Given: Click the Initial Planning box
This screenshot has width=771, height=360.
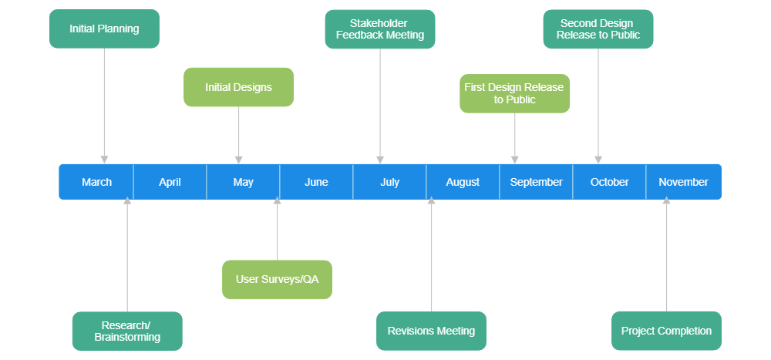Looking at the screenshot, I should (104, 29).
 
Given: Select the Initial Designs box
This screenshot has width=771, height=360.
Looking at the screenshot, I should (238, 87).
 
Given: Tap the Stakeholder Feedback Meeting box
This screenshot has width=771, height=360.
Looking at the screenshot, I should (379, 29).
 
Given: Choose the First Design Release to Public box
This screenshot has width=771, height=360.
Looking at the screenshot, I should (514, 93).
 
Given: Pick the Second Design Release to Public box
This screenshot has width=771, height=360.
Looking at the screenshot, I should (598, 29).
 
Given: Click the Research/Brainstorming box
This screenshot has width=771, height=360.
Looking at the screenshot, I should (127, 331).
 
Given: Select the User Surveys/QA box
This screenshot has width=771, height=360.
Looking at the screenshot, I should (277, 279).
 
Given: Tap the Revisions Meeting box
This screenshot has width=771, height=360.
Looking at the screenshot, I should (431, 331).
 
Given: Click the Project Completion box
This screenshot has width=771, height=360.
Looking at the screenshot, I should (666, 331).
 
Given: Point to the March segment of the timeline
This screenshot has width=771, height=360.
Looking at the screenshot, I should (96, 182).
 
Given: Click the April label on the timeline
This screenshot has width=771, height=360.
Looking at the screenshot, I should (170, 182).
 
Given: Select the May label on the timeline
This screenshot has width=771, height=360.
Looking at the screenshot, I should (243, 182).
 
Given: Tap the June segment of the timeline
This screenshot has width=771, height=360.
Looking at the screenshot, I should (316, 182).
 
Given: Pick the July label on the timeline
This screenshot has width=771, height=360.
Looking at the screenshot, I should (389, 182).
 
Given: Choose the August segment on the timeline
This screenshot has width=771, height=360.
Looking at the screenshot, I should (463, 182).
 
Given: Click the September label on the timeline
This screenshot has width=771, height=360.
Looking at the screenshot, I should (536, 182).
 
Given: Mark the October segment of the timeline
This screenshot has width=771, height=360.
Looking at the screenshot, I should (609, 182).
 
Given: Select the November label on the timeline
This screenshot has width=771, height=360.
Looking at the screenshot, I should (683, 182).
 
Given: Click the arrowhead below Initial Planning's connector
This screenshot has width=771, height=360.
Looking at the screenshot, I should (104, 159).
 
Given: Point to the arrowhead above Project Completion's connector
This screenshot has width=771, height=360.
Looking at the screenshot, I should (666, 200).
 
